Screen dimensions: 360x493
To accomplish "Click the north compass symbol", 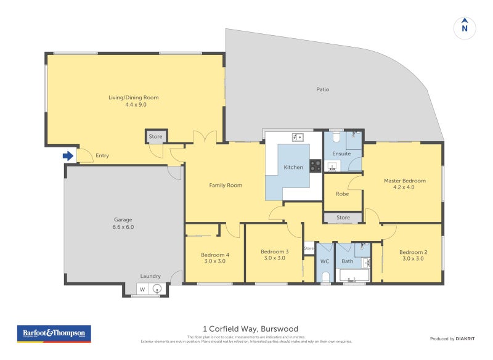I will click(x=465, y=28).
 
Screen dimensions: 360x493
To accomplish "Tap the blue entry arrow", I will click(x=68, y=156).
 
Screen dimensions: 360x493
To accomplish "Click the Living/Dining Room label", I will click(x=134, y=101).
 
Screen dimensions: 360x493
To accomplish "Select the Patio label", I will click(x=322, y=89).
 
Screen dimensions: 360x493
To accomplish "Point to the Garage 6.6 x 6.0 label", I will click(x=123, y=223).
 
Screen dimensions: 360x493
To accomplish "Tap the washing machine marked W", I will click(x=142, y=289).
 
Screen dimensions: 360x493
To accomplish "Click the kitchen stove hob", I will click(x=315, y=166).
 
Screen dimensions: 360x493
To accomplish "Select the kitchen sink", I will click(x=296, y=137).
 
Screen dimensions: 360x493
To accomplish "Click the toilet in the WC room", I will click(x=325, y=277).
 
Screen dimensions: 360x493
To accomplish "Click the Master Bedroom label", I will click(x=404, y=184).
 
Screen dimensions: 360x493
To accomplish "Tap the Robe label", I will click(x=342, y=194).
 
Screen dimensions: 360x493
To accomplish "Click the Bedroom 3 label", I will click(x=274, y=255).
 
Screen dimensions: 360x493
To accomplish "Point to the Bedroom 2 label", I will click(x=413, y=255).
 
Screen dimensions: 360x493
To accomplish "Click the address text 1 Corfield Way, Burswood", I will click(x=250, y=329).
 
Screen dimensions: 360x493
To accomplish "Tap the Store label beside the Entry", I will click(x=155, y=137).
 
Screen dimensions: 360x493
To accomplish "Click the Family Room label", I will click(x=225, y=185).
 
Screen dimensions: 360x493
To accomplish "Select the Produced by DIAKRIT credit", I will click(x=455, y=338).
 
